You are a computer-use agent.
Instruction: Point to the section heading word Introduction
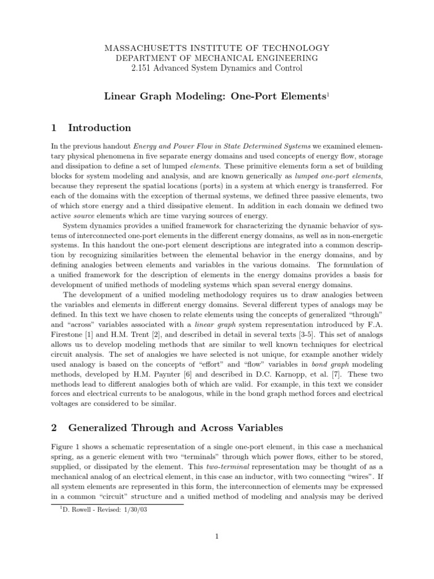coord(99,127)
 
